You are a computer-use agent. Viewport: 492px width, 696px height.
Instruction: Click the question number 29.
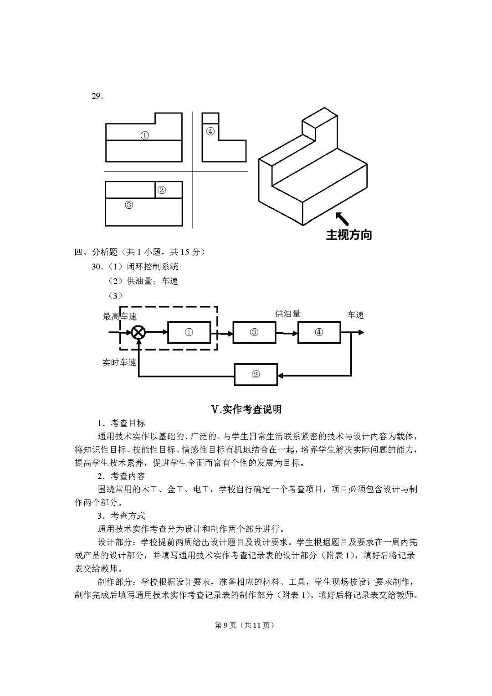coord(97,96)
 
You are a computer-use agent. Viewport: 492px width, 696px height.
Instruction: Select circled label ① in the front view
coord(144,135)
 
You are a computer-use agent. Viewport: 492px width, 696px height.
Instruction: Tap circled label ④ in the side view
coord(210,131)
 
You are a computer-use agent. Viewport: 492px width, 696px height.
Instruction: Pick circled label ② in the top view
coord(161,190)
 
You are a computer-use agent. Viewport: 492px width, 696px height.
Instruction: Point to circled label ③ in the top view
coord(129,205)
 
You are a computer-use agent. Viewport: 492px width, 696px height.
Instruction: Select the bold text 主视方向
coord(349,235)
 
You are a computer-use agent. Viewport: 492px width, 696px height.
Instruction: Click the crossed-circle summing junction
coord(138,333)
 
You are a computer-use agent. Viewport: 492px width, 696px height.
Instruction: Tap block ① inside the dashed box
coord(189,332)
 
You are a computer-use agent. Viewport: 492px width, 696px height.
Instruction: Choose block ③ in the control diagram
coord(254,332)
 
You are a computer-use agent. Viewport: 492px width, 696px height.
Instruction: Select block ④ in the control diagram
coord(319,332)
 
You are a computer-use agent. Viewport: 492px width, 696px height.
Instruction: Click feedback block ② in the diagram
coord(256,375)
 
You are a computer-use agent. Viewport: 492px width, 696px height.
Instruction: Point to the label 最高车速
coord(120,316)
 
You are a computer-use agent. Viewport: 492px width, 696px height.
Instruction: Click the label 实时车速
coord(119,363)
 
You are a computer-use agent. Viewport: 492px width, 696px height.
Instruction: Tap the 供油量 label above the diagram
coord(287,314)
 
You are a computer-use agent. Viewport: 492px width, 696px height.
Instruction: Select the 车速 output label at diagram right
coord(356,315)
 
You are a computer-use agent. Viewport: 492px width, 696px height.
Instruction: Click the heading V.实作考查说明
coord(246,409)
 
